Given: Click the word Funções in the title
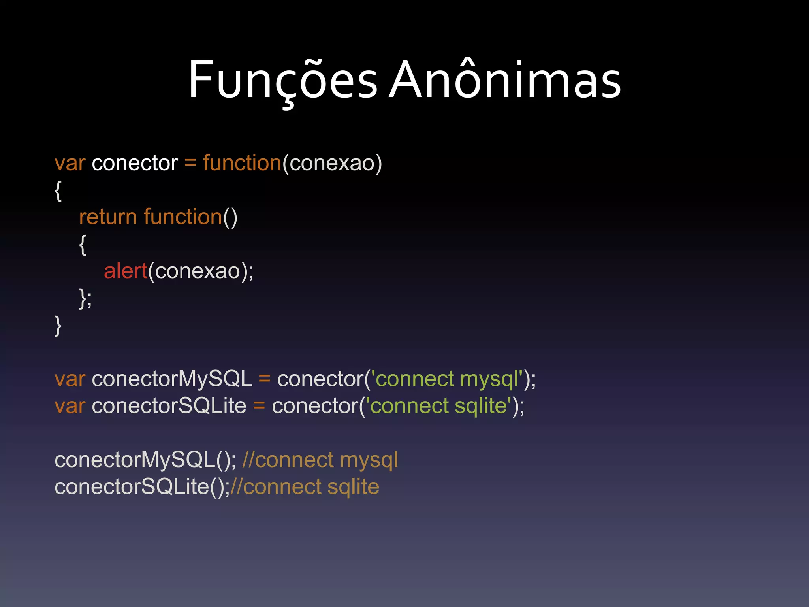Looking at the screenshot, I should tap(283, 80).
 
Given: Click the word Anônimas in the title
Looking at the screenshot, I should tap(505, 80).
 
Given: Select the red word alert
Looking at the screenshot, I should tap(125, 271).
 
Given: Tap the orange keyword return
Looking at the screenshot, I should tap(108, 217).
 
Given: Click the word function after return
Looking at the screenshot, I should tap(183, 217).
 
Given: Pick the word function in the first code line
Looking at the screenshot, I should tap(242, 163).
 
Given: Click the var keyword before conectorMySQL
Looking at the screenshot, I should tap(70, 379).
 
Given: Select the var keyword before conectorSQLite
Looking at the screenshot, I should tap(70, 406).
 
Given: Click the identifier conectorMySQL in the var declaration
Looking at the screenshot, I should tap(172, 379).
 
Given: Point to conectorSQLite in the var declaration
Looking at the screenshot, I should tap(169, 406).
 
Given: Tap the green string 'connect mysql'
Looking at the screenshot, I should tap(449, 379).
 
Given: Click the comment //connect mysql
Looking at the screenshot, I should tap(320, 460).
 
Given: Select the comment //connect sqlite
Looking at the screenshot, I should tap(305, 487).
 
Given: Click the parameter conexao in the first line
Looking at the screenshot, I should tap(332, 163).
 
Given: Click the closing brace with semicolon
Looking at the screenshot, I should tap(85, 298).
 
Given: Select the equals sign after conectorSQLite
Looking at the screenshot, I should tap(259, 406).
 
